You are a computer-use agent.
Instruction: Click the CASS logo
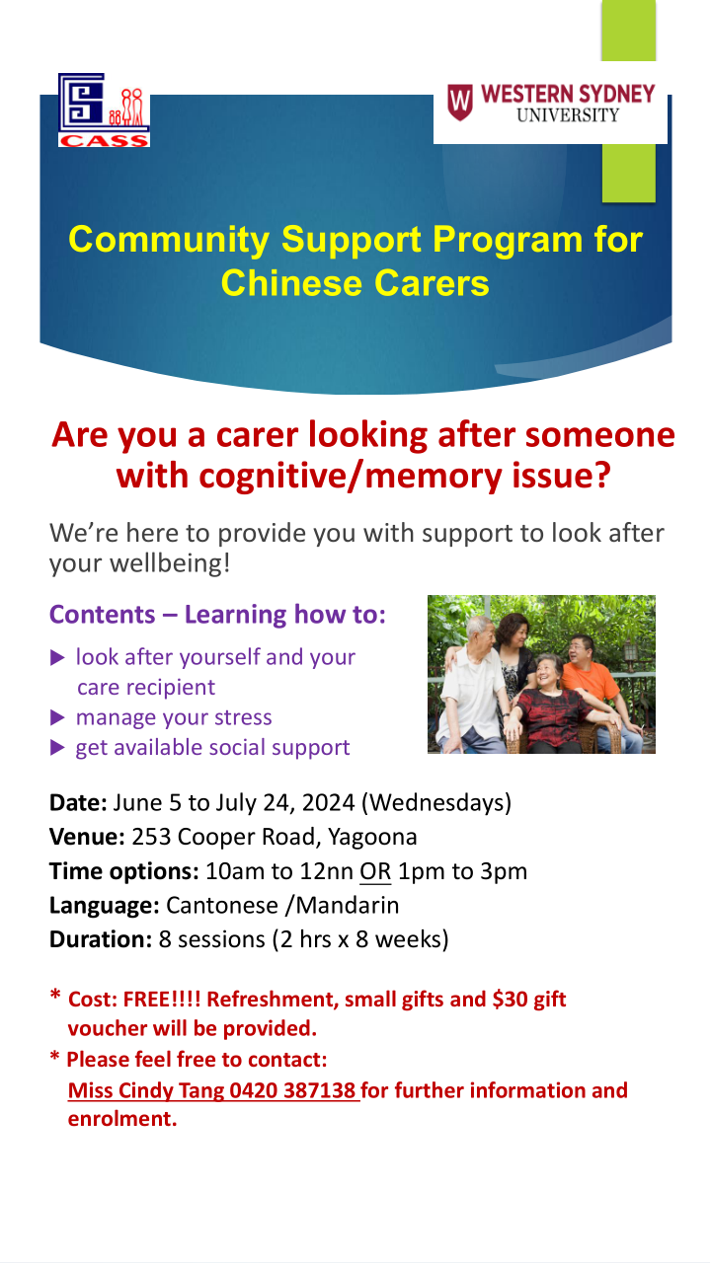[x=104, y=111]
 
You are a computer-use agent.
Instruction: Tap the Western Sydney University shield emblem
[x=460, y=102]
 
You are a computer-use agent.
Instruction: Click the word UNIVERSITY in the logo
[x=568, y=115]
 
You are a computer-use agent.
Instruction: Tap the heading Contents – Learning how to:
[x=217, y=615]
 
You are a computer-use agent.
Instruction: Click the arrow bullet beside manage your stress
[x=57, y=717]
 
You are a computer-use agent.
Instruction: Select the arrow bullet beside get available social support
[x=57, y=748]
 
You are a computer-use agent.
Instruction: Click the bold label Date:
[x=78, y=803]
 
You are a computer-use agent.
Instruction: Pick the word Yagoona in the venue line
[x=372, y=838]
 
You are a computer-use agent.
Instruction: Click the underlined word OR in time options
[x=375, y=871]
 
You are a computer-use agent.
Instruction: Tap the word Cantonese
[x=222, y=906]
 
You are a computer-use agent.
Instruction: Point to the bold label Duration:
[x=101, y=940]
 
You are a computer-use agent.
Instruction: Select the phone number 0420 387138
[x=292, y=1090]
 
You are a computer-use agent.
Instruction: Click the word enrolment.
[x=122, y=1119]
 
